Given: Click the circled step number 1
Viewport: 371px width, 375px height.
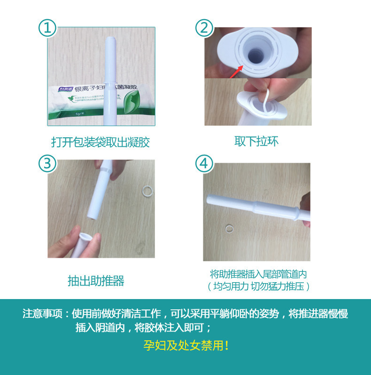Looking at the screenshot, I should coord(47,28).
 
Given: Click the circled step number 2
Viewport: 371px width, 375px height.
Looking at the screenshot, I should coord(204,28).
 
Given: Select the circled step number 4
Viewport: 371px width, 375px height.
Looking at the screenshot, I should coord(204,164).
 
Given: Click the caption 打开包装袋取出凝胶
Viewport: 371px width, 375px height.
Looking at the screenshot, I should coord(100,142).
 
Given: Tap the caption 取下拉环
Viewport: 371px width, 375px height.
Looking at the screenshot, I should coord(256,141).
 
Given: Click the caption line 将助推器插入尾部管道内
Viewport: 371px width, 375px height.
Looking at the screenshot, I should coord(258,274).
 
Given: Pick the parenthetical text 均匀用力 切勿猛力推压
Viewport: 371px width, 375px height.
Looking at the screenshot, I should coord(258,286).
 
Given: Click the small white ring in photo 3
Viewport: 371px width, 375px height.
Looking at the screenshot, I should coord(147,190).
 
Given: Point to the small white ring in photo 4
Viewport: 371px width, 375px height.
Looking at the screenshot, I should coord(229,228).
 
